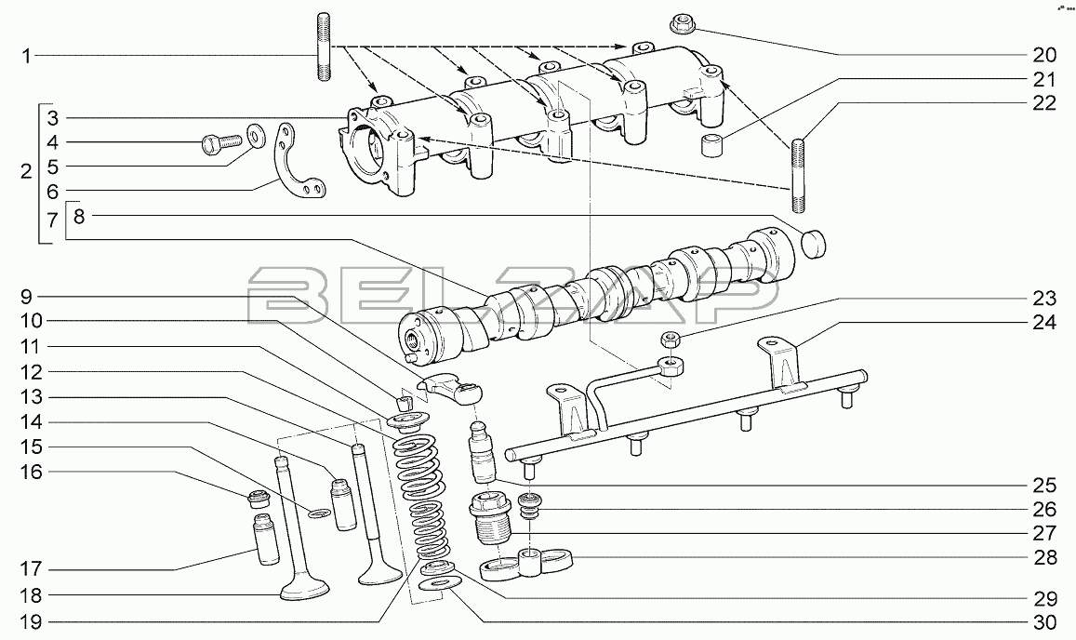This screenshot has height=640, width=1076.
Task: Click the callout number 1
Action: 26,56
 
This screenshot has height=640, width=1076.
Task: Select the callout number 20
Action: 1043,55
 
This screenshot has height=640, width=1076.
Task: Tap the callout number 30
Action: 1044,622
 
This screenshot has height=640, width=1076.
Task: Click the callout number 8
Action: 79,217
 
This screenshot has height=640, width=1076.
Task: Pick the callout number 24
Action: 1044,322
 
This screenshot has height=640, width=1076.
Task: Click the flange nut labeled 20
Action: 681,26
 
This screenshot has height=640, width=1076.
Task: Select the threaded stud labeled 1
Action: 324,46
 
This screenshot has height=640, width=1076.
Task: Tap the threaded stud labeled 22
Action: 798,176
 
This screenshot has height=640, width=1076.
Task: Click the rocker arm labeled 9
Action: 452,387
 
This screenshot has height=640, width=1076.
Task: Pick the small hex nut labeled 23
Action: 670,339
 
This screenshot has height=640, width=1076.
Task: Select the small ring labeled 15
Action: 318,513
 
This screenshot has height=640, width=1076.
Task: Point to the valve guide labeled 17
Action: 266,539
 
